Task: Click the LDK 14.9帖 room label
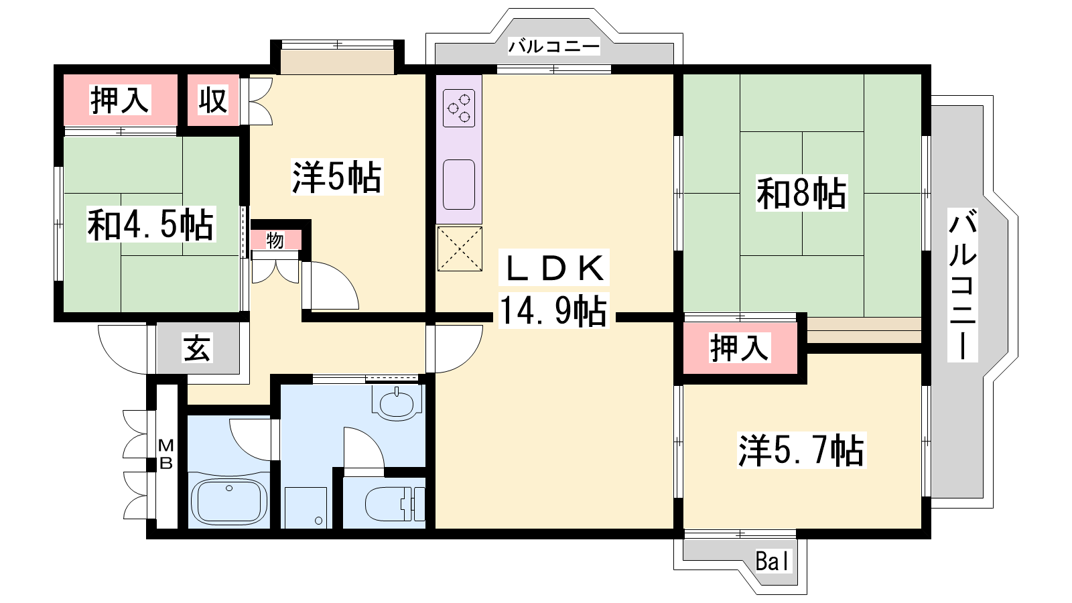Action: [x=553, y=289]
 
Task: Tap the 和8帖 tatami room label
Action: [x=801, y=194]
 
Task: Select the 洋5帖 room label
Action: [x=337, y=177]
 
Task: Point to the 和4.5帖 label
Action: [x=151, y=224]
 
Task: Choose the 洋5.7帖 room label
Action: [x=801, y=450]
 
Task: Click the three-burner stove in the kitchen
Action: [x=459, y=108]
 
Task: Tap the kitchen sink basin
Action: [x=459, y=185]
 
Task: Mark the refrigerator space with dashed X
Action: [x=460, y=249]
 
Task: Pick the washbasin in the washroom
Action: [x=397, y=403]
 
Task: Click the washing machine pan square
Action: [x=306, y=508]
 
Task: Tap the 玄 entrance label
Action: [x=197, y=348]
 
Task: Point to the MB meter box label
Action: [x=165, y=454]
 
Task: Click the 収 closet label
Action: [x=213, y=100]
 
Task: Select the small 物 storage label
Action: [x=275, y=241]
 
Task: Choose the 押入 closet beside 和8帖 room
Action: [x=740, y=348]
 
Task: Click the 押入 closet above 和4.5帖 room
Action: [x=120, y=100]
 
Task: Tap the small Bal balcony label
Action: [x=773, y=561]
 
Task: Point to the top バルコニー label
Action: [x=553, y=47]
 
